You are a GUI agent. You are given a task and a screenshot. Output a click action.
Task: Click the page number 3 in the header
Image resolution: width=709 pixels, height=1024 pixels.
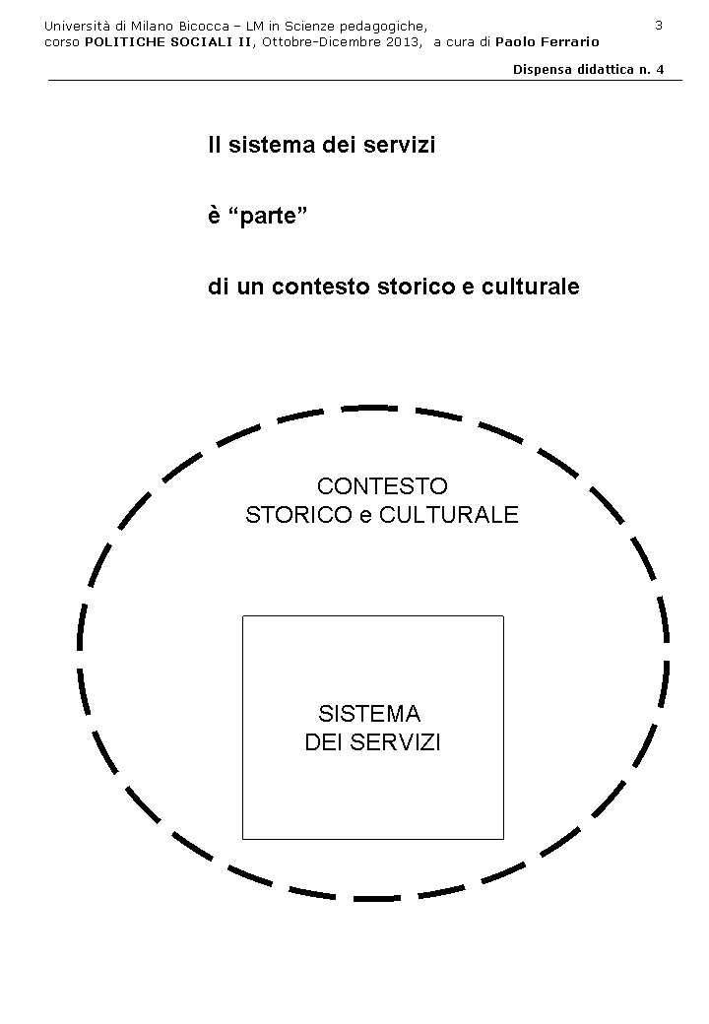(659, 25)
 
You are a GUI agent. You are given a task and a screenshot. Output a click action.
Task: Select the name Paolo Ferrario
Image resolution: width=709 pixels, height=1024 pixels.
(548, 41)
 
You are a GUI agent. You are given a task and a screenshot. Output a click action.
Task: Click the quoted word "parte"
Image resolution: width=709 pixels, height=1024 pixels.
(268, 217)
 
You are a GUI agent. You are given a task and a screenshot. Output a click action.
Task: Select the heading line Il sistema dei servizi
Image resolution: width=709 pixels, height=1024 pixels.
(321, 146)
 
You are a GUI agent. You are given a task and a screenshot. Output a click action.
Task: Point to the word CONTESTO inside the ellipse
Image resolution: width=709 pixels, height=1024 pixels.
(382, 486)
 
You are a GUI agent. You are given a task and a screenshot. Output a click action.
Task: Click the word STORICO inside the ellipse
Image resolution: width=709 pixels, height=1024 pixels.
(296, 515)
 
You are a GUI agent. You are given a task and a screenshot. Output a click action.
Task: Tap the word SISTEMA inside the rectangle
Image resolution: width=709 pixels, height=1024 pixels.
(369, 714)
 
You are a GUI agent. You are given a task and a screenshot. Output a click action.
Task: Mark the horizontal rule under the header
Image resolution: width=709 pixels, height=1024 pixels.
(364, 81)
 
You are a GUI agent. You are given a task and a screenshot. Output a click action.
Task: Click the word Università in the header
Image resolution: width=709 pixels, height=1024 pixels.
(78, 25)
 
